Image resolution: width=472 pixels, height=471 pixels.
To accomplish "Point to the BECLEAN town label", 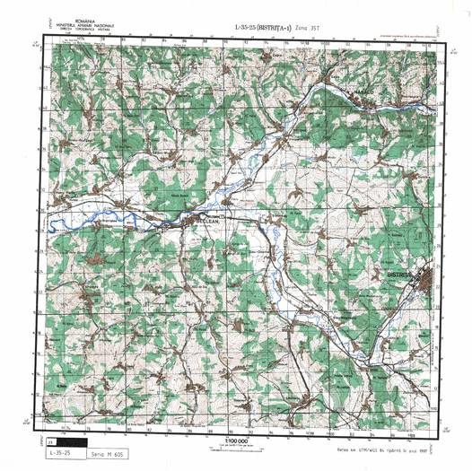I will (x=198, y=221).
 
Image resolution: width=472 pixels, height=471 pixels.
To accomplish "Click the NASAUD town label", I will (x=368, y=92).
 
